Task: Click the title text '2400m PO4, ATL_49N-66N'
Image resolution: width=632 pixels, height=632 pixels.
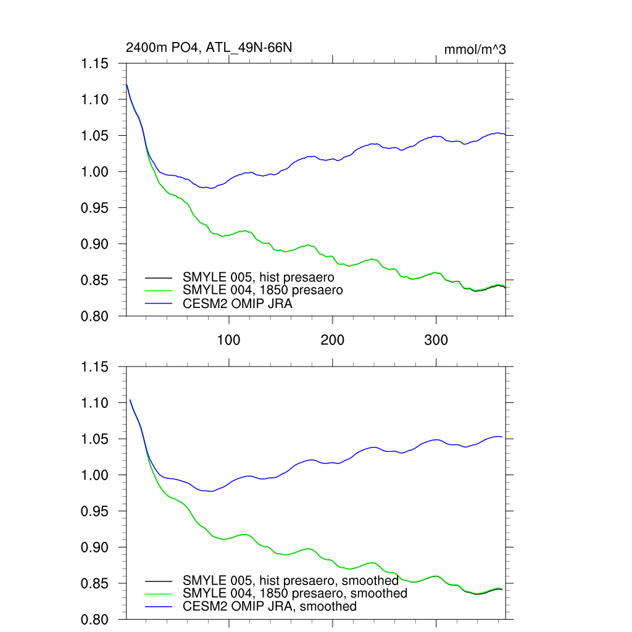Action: pos(204,48)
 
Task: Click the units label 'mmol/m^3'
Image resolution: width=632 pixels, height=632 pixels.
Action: pos(475,49)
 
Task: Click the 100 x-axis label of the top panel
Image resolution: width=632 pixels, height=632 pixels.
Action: pos(229,341)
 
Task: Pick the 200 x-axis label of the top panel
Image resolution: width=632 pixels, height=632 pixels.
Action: pos(333,341)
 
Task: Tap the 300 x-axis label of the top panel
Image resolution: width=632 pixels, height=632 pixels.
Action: pos(436,341)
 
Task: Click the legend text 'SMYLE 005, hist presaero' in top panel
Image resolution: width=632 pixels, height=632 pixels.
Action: pos(259,277)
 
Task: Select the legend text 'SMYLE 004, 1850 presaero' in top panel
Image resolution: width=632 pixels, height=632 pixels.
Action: pos(262,289)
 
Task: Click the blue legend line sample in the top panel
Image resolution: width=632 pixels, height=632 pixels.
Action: pos(159,303)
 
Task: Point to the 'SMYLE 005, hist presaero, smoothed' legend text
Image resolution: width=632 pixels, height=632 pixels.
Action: pos(291,581)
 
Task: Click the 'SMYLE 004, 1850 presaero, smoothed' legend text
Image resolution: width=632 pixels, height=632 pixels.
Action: pos(295,593)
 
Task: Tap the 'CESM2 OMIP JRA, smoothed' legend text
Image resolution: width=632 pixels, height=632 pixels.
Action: pos(270,607)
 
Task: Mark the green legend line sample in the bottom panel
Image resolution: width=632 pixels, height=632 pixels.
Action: pos(159,594)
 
